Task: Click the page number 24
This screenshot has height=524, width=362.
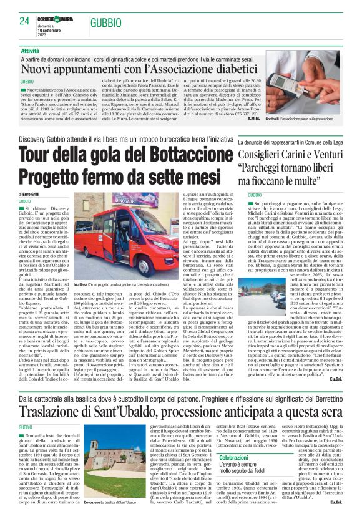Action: tap(25, 21)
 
